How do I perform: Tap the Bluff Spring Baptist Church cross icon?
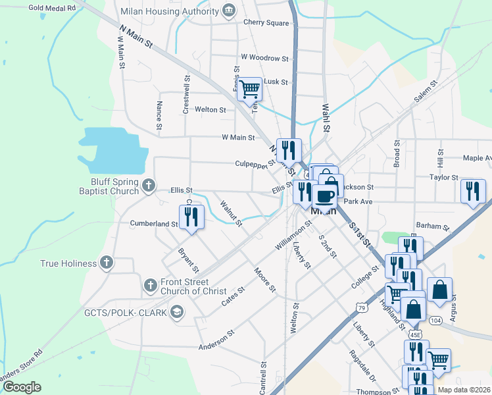149,186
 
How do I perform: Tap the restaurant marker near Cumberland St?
191,217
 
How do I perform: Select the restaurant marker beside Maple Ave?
473,192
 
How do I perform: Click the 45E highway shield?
415,334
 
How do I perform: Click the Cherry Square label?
266,22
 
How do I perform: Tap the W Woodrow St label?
264,58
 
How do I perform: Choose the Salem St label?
426,92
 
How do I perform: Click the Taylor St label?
443,178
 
